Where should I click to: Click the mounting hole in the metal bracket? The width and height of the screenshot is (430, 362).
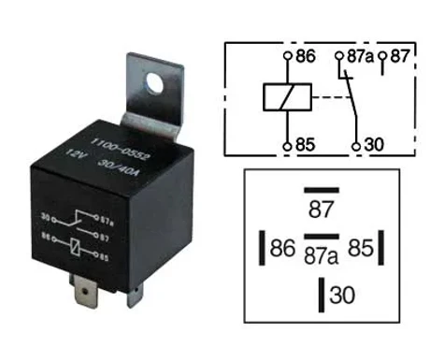pos(154,82)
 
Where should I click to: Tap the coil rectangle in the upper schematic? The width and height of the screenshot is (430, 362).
pos(287,97)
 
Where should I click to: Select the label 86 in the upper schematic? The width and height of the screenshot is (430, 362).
pos(306,56)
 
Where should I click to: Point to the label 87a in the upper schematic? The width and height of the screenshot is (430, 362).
pos(360,56)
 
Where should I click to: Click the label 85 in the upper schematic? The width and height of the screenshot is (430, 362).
pos(305,145)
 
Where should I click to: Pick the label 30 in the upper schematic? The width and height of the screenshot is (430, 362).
pos(374,145)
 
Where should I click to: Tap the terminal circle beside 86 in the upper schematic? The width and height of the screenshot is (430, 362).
pos(288,56)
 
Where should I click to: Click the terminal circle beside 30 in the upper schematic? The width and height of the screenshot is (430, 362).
pos(356,146)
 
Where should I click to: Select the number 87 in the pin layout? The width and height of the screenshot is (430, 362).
pos(321,210)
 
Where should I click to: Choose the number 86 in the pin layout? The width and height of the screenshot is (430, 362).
pos(282,248)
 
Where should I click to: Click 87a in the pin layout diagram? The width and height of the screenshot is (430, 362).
pos(321,256)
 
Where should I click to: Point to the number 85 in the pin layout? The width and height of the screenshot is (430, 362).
pos(361,248)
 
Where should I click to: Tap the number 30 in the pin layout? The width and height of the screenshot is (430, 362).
pos(342,295)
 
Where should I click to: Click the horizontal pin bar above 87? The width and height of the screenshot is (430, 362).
pos(322,190)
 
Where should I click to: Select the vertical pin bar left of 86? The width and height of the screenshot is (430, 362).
pos(262,248)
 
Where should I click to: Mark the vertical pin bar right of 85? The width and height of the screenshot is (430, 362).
pos(380,248)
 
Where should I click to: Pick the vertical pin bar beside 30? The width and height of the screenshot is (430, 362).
pos(322,295)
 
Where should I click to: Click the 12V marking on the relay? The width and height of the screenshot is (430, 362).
pos(75,154)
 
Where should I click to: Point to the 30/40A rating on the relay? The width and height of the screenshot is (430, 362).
pos(118,168)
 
